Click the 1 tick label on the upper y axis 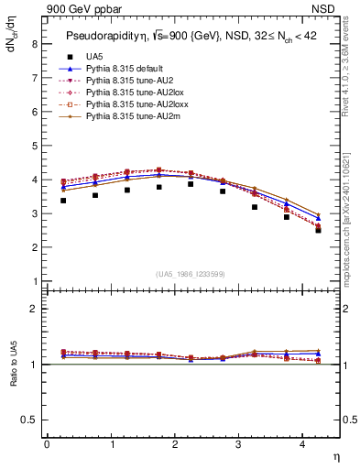point(34,281)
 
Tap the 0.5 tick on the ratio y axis point(29,420)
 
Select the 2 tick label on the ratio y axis point(34,309)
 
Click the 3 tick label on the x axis point(239,444)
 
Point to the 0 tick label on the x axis point(47,444)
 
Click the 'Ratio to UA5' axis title point(14,375)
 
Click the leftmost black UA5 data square point(63,201)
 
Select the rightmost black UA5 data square point(319,230)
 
